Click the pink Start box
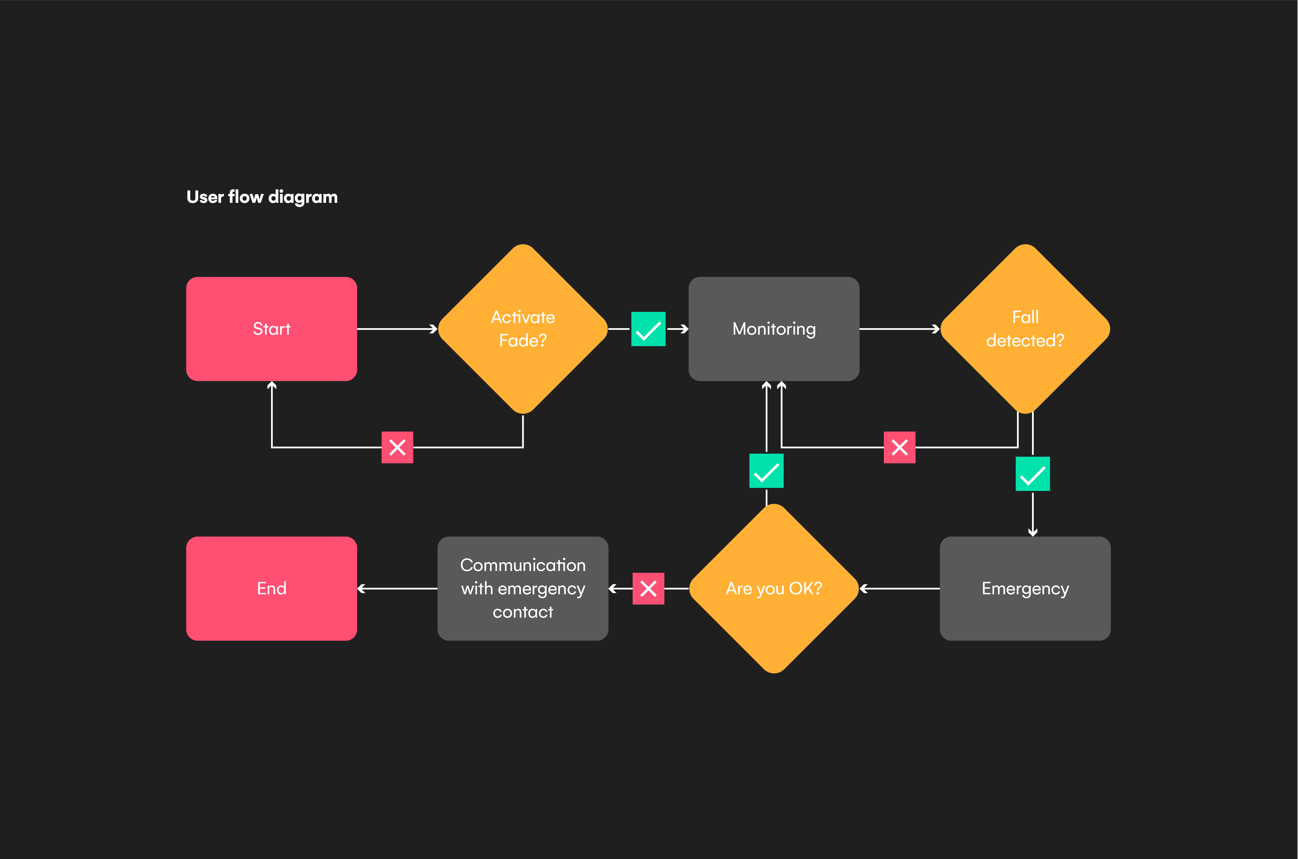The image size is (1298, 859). (271, 329)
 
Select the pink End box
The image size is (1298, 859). (271, 588)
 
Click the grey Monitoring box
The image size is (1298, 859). (774, 329)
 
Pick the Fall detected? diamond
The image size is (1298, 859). (1025, 329)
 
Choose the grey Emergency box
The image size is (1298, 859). (1025, 588)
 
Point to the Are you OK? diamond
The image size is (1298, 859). (774, 588)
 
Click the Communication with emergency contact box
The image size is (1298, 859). (523, 588)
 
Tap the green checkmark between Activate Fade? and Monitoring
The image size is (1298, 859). (648, 329)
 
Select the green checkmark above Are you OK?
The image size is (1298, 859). (766, 471)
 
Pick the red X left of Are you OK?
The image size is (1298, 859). (648, 588)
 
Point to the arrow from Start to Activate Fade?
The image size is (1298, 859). (397, 329)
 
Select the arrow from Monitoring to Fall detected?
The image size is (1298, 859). (900, 329)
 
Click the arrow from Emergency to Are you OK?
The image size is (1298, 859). (900, 588)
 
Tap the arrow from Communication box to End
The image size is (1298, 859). (397, 588)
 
